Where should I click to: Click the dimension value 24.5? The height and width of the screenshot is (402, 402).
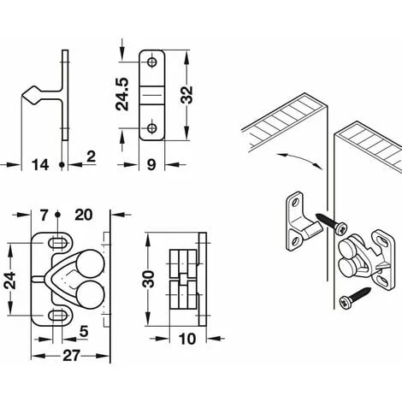tap(122, 94)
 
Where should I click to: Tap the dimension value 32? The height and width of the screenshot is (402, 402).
tap(186, 94)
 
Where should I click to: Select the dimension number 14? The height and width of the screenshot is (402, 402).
tap(40, 165)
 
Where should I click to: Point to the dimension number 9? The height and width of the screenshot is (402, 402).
tap(151, 165)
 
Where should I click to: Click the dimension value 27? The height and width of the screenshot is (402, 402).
tap(70, 356)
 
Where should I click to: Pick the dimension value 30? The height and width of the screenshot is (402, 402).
tap(148, 279)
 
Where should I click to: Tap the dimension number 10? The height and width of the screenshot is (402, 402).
tap(186, 339)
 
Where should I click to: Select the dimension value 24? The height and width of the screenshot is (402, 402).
tap(10, 281)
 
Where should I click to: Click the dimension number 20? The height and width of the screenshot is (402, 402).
tap(84, 215)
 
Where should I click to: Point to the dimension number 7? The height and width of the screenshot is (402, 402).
tap(44, 216)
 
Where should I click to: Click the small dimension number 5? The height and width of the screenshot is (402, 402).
tap(84, 332)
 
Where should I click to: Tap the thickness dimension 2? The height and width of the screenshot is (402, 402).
tap(91, 157)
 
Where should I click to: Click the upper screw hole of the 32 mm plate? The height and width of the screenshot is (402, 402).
tap(152, 62)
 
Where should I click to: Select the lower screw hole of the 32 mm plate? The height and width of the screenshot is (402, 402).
tap(152, 128)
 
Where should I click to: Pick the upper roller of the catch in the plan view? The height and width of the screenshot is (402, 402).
tap(91, 263)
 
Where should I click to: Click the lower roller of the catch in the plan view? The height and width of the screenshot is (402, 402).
tap(91, 295)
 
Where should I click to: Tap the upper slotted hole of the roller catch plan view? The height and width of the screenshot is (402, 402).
tap(59, 243)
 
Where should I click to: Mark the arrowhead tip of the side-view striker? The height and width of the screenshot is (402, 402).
tap(21, 96)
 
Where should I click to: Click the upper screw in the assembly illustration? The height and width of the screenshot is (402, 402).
tap(333, 223)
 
